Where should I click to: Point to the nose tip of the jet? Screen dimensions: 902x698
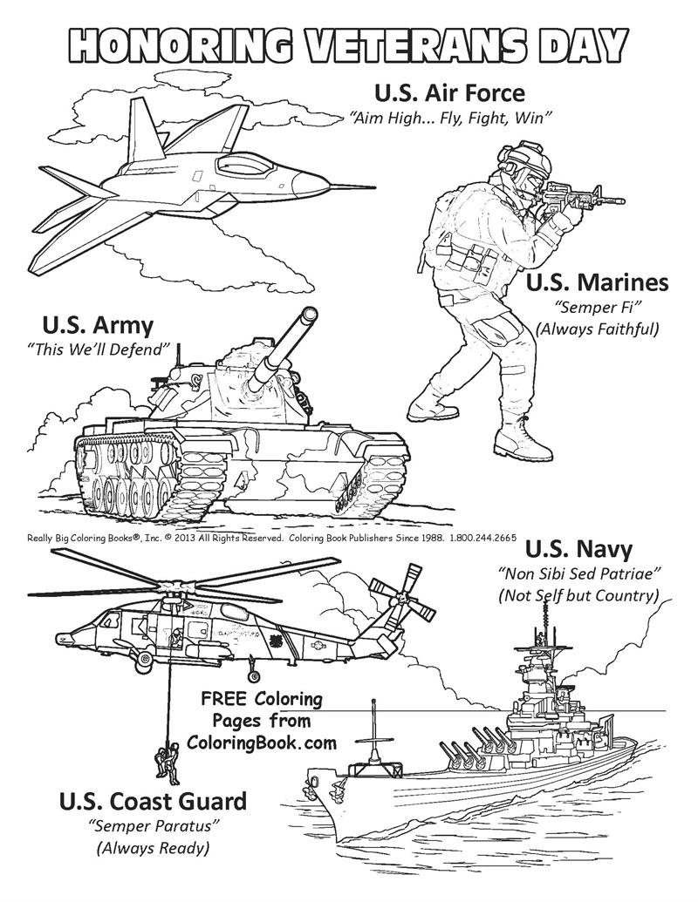(x=373, y=186)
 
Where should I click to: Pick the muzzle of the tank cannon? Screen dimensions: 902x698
(x=307, y=319)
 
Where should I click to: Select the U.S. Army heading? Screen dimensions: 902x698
(x=98, y=326)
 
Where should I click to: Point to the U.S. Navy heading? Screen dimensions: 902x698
(x=578, y=549)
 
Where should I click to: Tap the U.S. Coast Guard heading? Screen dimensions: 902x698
(x=153, y=801)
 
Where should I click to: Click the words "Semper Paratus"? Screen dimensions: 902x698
(x=153, y=824)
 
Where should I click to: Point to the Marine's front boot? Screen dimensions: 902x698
(x=525, y=441)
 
